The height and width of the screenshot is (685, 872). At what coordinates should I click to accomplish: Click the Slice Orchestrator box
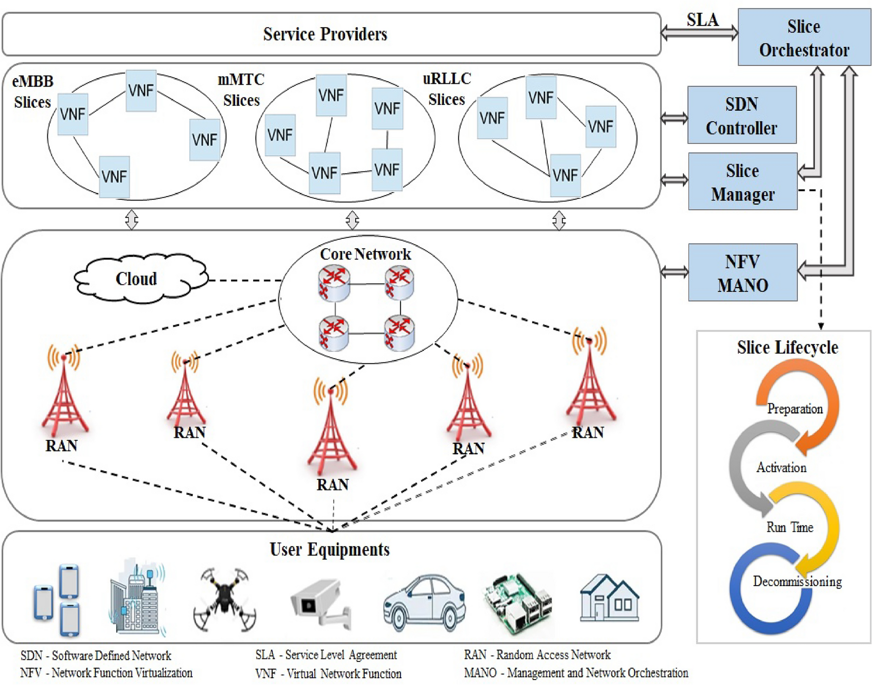[804, 37]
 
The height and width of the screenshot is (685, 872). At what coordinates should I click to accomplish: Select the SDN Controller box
[741, 115]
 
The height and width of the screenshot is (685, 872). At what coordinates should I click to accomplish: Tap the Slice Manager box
[742, 181]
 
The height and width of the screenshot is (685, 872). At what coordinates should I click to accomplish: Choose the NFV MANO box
[742, 272]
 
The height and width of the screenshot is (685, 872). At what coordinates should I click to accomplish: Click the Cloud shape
[140, 279]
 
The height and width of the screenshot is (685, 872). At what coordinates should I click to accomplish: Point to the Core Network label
[365, 254]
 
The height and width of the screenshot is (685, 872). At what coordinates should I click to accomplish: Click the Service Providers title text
[325, 34]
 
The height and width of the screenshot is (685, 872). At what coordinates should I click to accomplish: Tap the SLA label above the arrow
[703, 20]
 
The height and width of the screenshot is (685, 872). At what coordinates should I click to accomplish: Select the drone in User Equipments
[225, 599]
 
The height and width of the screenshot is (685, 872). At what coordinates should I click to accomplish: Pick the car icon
[424, 603]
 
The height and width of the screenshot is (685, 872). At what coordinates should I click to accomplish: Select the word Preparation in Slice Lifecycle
[795, 409]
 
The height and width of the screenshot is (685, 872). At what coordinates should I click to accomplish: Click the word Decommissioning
[797, 582]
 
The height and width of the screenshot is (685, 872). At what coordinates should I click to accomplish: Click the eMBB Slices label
[33, 92]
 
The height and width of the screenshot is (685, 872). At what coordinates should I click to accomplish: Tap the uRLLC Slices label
[447, 89]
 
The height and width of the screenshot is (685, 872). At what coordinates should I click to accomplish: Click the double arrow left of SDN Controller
[674, 118]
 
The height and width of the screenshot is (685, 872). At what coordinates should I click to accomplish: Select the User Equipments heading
[330, 550]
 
